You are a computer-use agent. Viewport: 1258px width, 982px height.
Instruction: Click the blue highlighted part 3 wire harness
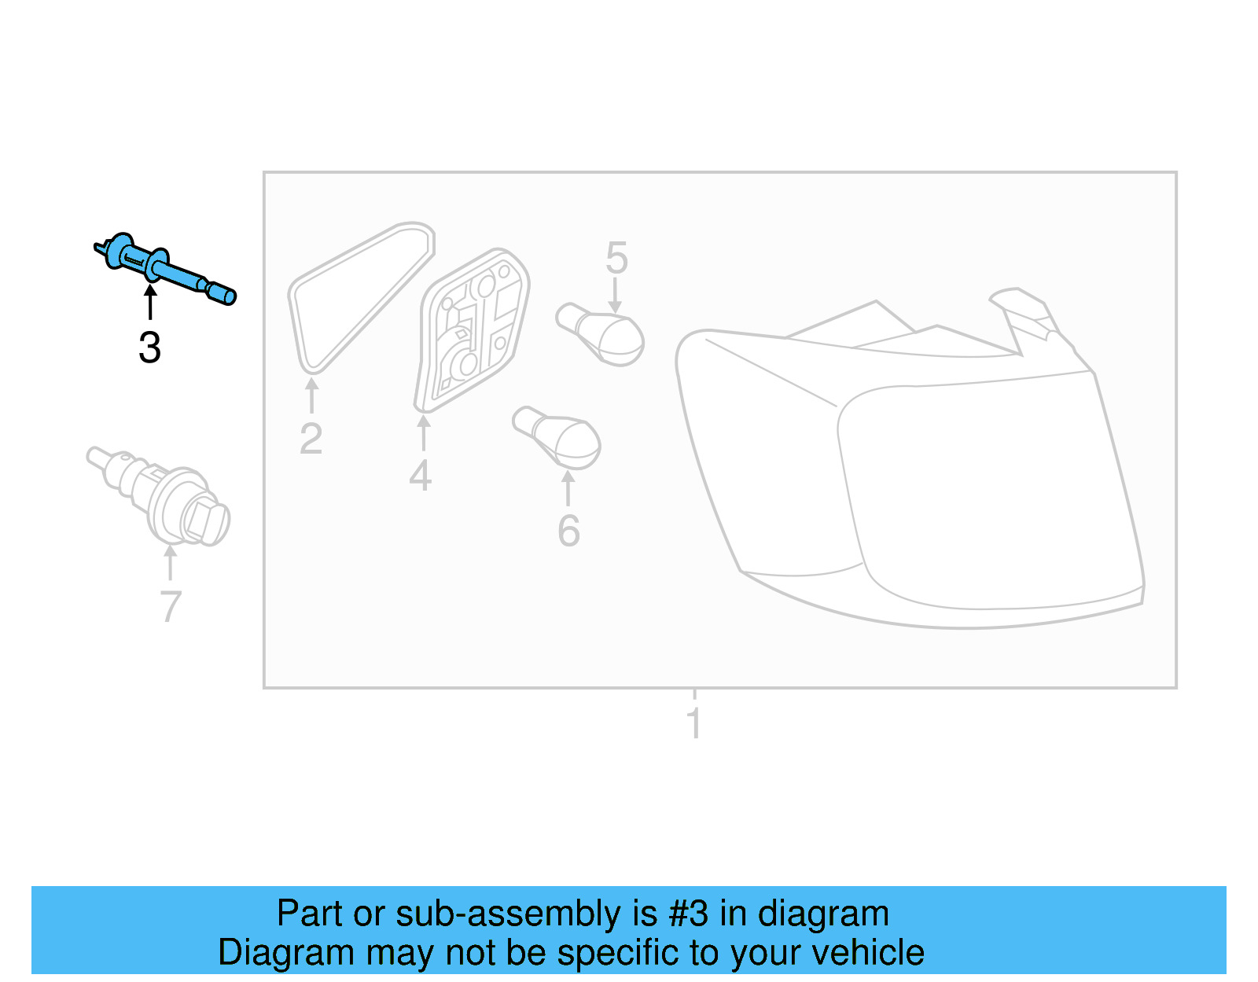pos(165,267)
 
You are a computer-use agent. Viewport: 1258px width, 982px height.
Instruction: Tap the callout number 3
pos(149,348)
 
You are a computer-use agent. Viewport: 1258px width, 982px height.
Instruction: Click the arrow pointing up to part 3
pos(149,303)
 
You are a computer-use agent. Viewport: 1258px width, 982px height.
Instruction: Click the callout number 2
pos(311,439)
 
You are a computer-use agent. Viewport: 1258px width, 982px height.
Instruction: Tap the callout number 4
pos(421,476)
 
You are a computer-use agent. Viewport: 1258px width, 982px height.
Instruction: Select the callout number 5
pos(616,259)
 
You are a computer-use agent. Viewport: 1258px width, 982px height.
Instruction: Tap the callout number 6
pos(568,531)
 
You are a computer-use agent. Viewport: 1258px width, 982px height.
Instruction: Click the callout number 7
pos(170,607)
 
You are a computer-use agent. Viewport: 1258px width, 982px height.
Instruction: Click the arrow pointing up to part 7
pos(170,562)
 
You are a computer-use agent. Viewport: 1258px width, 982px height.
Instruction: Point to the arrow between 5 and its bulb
pos(615,297)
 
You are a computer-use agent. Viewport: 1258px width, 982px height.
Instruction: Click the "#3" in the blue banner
pos(688,914)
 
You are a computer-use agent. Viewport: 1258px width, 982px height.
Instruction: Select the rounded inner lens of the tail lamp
pos(983,495)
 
